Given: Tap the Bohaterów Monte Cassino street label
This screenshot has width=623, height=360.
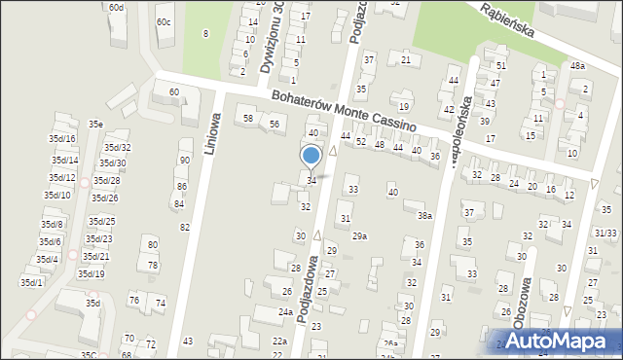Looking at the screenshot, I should (x=344, y=112).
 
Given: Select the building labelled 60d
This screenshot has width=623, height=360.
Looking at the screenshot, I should (x=116, y=8).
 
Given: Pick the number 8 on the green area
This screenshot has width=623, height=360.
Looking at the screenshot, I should (x=205, y=34).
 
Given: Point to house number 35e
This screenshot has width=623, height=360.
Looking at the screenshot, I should (x=95, y=124).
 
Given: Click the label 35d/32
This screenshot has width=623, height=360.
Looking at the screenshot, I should (x=118, y=148).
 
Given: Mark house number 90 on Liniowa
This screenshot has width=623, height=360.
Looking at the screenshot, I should (x=184, y=160).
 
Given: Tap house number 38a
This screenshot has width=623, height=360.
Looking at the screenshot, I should (x=424, y=215).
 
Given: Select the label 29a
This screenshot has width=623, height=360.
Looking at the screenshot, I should (x=359, y=236).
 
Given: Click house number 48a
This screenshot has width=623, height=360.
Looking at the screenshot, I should (x=577, y=65).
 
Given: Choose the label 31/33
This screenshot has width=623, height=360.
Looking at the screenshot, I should (x=605, y=233).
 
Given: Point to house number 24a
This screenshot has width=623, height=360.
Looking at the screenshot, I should (x=285, y=312).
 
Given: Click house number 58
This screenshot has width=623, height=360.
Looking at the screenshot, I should (x=248, y=118).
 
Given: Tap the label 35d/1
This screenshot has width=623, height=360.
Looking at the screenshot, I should (x=31, y=282).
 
